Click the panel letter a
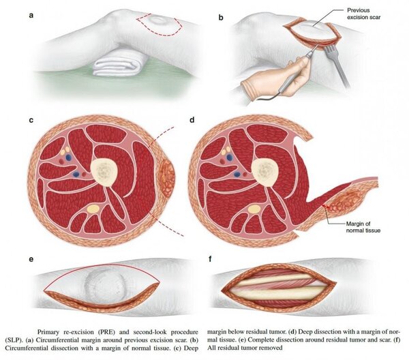(x=31, y=15)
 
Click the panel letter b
(x=221, y=18)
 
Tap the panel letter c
(x=31, y=120)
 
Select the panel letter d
(x=192, y=119)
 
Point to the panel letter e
(x=31, y=260)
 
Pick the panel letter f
(x=210, y=259)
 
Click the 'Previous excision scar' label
(x=363, y=14)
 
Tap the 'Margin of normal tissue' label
(x=363, y=227)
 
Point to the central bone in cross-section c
(x=104, y=171)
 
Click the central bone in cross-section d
(x=264, y=171)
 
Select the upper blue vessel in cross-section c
(x=68, y=157)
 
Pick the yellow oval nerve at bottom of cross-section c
(x=93, y=209)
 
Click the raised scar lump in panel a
(x=160, y=20)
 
